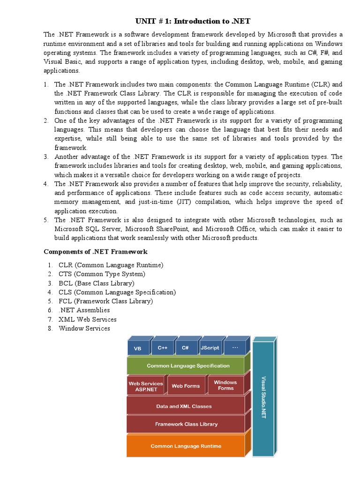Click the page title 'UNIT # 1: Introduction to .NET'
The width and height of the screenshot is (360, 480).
pyautogui.click(x=193, y=21)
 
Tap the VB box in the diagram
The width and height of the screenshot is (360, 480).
pyautogui.click(x=138, y=348)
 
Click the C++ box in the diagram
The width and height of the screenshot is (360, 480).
pyautogui.click(x=162, y=348)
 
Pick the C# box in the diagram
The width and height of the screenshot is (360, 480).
pyautogui.click(x=186, y=348)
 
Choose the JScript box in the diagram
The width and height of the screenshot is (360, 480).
pyautogui.click(x=210, y=348)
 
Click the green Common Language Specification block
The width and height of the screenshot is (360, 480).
pyautogui.click(x=186, y=366)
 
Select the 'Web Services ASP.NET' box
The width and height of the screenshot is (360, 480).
pyautogui.click(x=146, y=386)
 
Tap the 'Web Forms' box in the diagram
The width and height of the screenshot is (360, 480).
pyautogui.click(x=186, y=386)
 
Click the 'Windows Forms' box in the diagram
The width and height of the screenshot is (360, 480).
pyautogui.click(x=225, y=385)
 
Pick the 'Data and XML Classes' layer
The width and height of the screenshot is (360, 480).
pyautogui.click(x=186, y=406)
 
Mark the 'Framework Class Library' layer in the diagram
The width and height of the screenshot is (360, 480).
pyautogui.click(x=186, y=424)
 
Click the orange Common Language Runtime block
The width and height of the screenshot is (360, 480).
pyautogui.click(x=186, y=446)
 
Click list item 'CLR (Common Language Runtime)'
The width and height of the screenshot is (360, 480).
pyautogui.click(x=111, y=265)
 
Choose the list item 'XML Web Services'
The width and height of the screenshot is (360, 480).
pyautogui.click(x=87, y=319)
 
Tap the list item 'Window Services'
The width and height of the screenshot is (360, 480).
pyautogui.click(x=84, y=328)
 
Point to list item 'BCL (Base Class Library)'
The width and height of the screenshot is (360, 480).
pyautogui.click(x=96, y=283)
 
